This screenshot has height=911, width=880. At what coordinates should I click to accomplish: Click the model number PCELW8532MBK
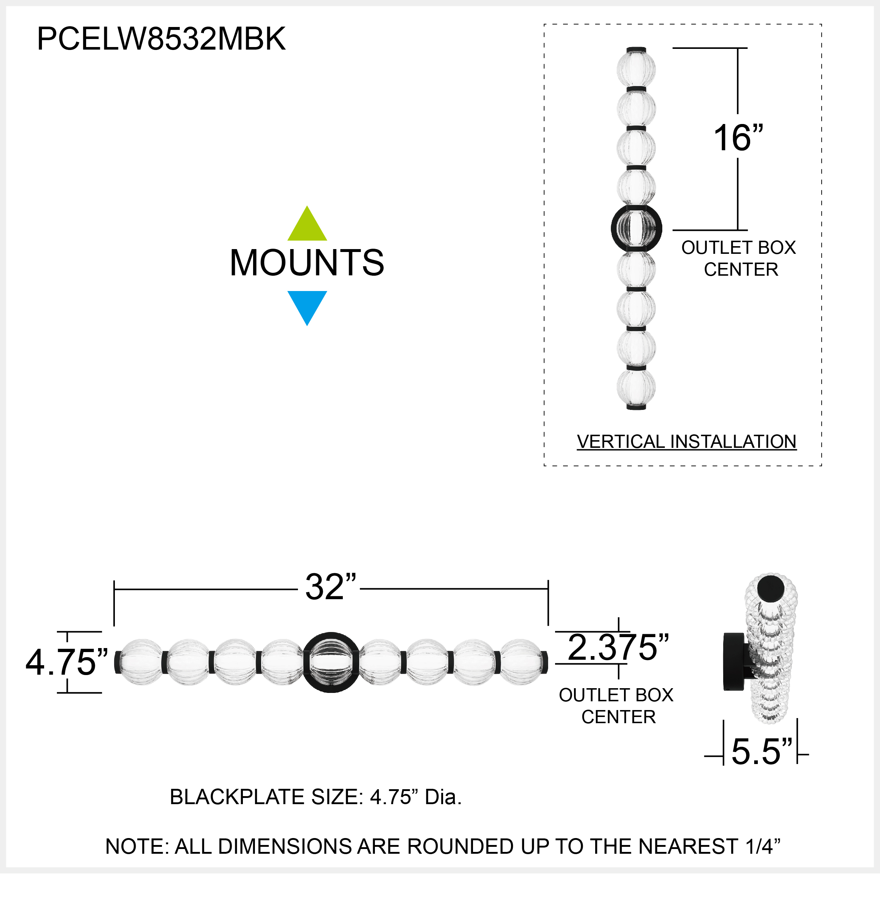[161, 39]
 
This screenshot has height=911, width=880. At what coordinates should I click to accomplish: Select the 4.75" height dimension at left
[66, 662]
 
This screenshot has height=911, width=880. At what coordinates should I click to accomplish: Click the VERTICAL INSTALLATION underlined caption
[687, 442]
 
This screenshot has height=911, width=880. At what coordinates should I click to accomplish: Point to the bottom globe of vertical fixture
[636, 387]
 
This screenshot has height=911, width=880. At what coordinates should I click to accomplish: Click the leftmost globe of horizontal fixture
[140, 662]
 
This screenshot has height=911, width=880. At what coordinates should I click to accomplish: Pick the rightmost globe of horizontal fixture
[521, 662]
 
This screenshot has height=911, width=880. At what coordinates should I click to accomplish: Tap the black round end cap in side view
[771, 588]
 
